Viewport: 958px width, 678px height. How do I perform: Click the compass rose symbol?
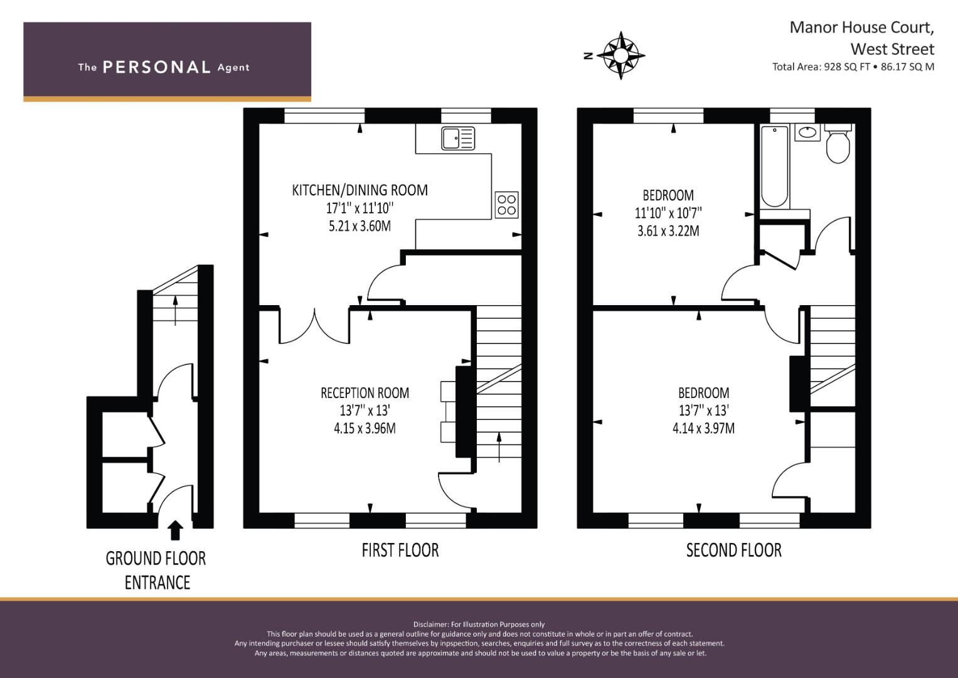pos(620,55)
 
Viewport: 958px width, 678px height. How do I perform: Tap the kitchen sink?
pos(458,138)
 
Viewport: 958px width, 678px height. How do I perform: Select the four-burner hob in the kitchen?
pos(506,204)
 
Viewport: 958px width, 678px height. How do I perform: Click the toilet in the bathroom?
pos(838,146)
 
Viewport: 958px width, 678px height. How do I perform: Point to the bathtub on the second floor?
pos(774,166)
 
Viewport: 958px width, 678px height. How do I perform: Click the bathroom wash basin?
pos(807,132)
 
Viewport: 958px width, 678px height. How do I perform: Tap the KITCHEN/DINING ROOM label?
pos(359,190)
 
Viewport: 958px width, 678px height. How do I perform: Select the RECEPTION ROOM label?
pos(365,393)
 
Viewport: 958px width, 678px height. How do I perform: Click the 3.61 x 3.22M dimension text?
pos(668,230)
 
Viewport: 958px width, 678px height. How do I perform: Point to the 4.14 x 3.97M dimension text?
pos(703,428)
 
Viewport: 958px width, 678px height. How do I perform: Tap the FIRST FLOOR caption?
pos(400,550)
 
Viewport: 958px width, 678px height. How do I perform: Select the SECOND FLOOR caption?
pos(733,551)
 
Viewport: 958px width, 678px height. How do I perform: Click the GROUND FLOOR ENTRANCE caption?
pos(156,570)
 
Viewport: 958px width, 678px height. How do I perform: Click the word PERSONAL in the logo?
pos(156,67)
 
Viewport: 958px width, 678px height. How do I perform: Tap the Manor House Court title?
pos(861,27)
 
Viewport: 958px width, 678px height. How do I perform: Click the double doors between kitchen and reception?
pos(314,326)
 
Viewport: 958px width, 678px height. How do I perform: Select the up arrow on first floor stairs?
pos(499,446)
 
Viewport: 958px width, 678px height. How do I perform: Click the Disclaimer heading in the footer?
pos(479,624)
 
